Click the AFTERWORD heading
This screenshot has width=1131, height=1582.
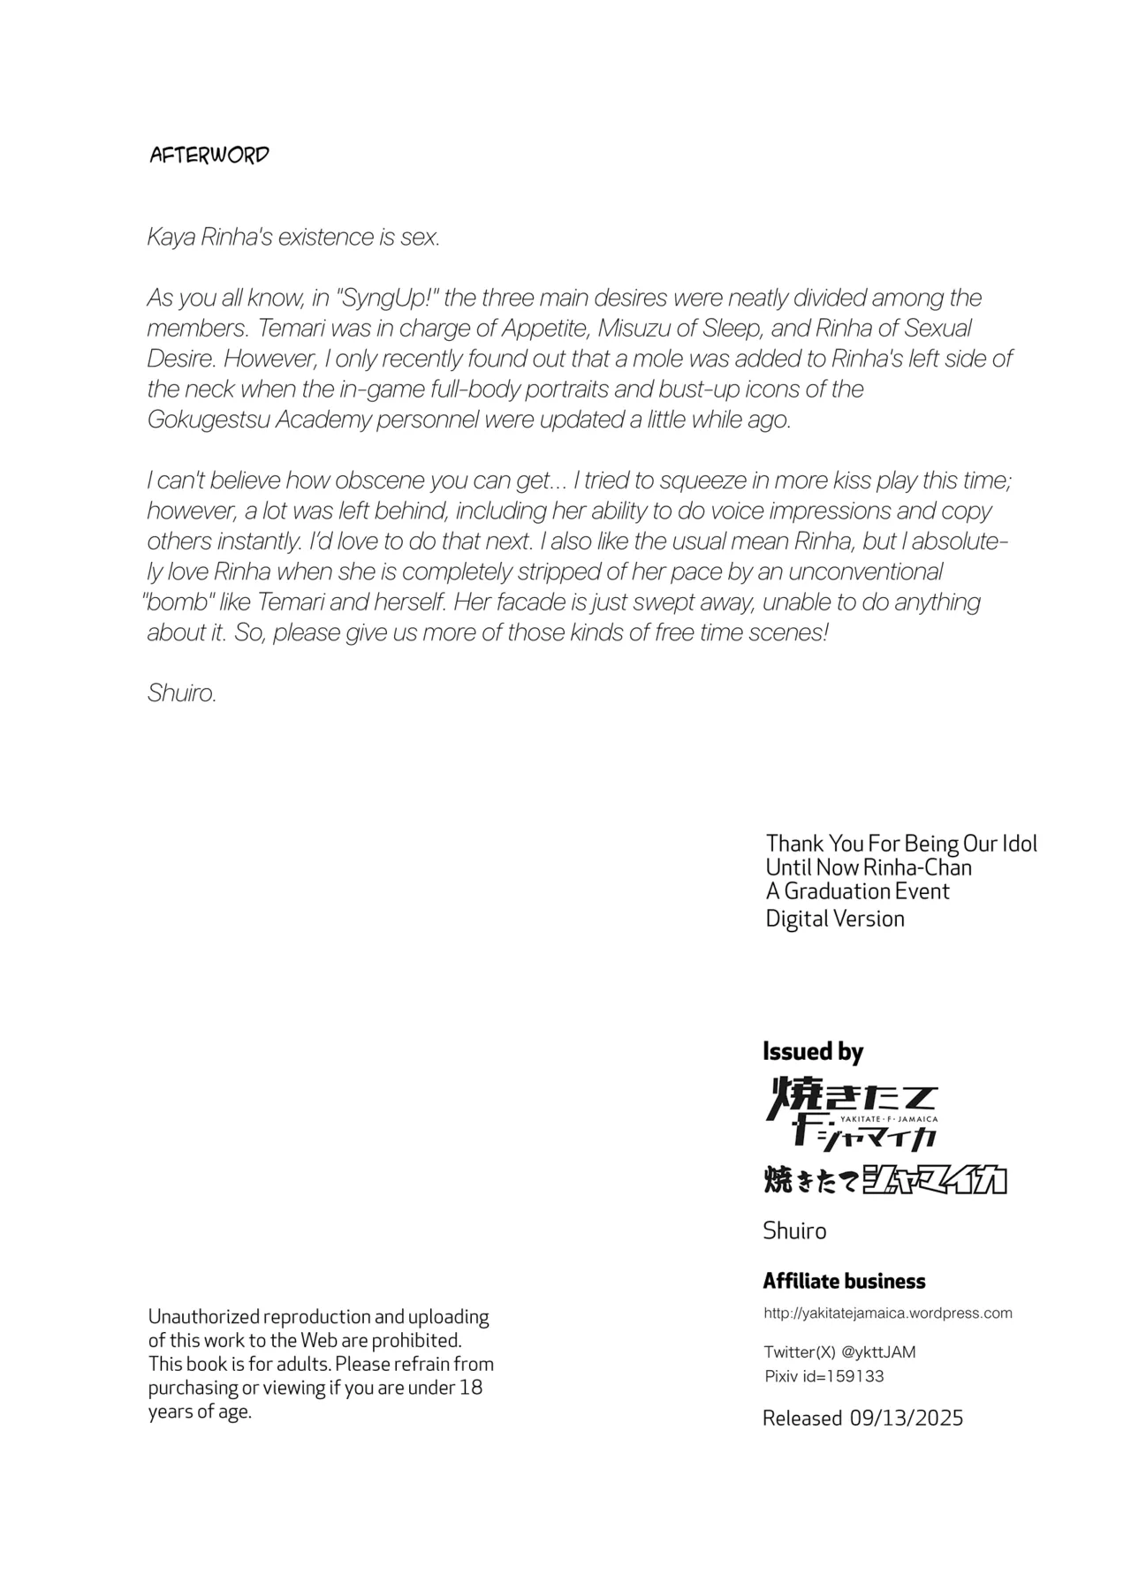tap(209, 155)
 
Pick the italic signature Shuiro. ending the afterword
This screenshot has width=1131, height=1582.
tap(182, 693)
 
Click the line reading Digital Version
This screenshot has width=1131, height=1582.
tap(835, 919)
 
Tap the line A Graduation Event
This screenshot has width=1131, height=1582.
tap(857, 891)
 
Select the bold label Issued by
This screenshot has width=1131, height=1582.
tap(813, 1051)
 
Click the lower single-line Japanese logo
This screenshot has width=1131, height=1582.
tap(884, 1180)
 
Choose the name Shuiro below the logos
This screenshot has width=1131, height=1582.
tap(794, 1230)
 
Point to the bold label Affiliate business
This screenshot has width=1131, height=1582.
tap(844, 1281)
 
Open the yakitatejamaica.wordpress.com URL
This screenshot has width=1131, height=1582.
tap(888, 1313)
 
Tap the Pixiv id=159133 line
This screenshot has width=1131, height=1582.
tap(824, 1376)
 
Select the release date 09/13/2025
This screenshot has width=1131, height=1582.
tap(907, 1418)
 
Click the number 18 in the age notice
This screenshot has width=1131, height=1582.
tap(471, 1387)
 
